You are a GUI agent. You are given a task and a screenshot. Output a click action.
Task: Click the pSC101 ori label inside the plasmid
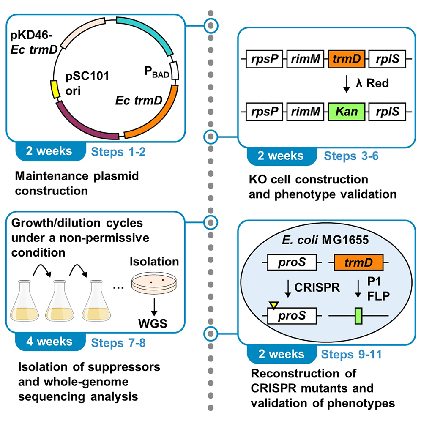[82, 83]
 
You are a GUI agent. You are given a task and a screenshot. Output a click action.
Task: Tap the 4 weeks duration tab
[47, 341]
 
